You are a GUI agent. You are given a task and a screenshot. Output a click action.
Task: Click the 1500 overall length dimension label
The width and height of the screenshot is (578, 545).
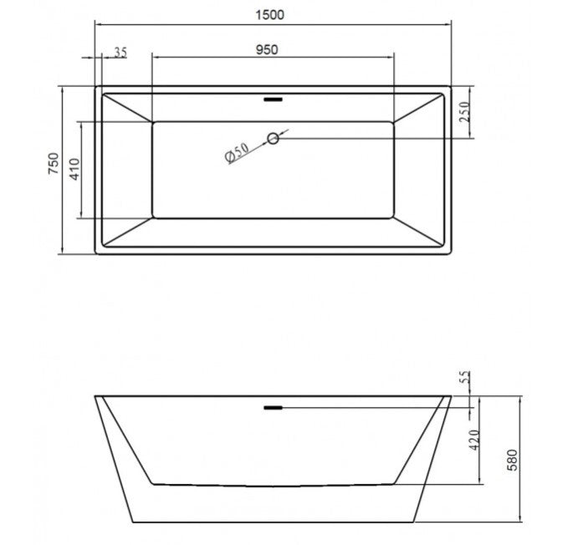[270, 15]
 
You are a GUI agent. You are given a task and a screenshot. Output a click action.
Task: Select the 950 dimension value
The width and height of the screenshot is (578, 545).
[267, 49]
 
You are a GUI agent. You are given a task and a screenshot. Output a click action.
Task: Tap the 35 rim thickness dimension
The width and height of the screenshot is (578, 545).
[120, 53]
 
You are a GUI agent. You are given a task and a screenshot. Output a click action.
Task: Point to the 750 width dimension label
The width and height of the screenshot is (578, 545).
[54, 164]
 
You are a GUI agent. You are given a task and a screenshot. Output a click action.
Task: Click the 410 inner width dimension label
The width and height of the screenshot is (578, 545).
[74, 170]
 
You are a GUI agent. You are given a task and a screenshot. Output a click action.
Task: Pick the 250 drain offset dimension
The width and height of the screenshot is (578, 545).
[464, 112]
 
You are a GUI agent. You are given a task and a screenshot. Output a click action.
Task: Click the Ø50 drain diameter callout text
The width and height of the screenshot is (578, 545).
[237, 152]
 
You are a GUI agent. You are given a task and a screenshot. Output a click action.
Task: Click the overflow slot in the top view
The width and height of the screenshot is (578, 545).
[274, 99]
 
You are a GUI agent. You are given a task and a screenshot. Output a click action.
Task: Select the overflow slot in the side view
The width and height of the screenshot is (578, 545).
[274, 407]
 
